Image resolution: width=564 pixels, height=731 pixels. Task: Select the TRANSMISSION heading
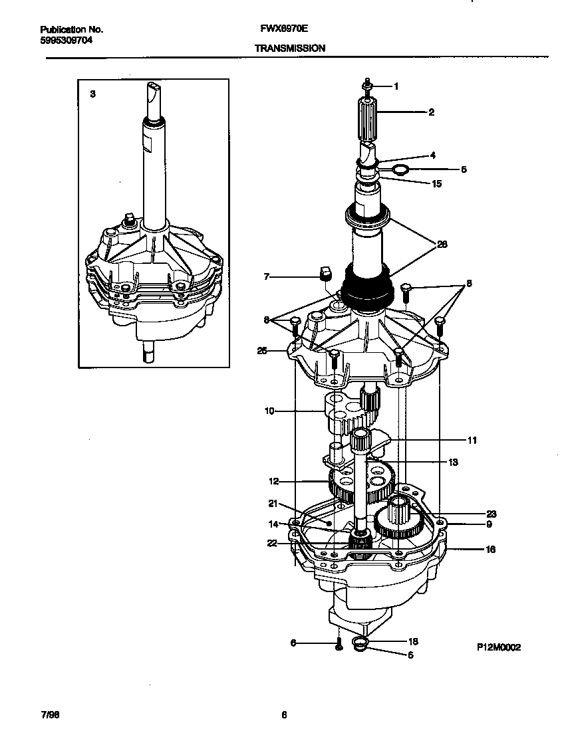pos(289,49)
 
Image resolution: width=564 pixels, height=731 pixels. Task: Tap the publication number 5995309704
pos(66,40)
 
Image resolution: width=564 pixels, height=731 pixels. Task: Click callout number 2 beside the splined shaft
pos(431,112)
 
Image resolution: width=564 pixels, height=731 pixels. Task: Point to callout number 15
pos(437,183)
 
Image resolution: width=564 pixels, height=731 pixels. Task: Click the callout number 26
pos(442,245)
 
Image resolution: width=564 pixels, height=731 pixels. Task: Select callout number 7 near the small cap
pos(266,276)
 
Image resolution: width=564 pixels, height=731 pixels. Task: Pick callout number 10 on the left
pos(269,411)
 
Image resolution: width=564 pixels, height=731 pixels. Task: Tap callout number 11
pos(472,440)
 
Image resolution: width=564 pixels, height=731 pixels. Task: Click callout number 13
pos(453,463)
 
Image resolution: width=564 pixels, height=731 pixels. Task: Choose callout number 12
pos(273,480)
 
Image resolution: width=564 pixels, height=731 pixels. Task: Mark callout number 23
pos(491,514)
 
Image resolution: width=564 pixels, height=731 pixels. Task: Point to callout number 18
pos(412,642)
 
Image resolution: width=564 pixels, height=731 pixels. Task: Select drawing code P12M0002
pos(498,647)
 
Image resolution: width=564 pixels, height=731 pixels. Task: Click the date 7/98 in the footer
pos(49,715)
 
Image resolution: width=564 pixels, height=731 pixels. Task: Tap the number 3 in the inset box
pos(92,94)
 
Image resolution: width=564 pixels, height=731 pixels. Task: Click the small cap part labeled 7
pos(326,273)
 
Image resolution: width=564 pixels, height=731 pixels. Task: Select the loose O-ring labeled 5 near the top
pos(400,170)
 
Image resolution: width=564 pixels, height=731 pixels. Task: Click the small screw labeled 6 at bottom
pos(339,643)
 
